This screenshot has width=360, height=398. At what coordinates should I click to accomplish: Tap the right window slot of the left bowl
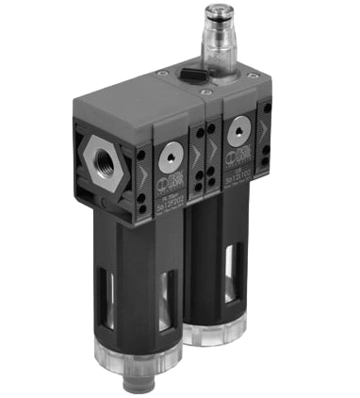[x=167, y=302]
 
